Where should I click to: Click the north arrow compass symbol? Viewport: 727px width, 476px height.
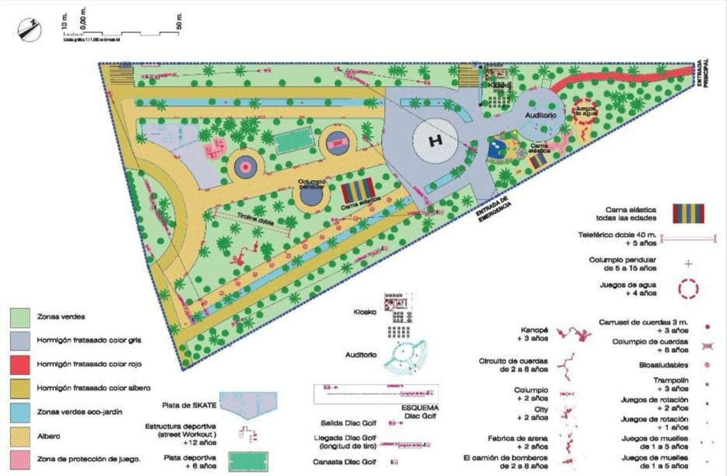29,30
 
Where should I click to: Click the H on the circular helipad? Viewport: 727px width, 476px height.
436,141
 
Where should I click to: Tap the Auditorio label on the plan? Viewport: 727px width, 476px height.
540,115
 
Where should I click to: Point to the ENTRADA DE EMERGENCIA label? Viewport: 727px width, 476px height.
494,210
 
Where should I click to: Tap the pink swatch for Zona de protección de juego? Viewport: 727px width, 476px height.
20,460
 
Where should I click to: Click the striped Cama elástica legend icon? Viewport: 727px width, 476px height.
688,213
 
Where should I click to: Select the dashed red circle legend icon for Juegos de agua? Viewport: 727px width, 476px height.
688,289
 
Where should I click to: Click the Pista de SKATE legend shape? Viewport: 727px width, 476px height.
248,405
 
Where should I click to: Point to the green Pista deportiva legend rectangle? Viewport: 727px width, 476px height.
248,461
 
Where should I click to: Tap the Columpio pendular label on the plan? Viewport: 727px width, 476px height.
312,184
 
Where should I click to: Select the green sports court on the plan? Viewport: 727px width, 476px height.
294,140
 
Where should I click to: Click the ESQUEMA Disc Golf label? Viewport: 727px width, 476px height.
420,412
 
